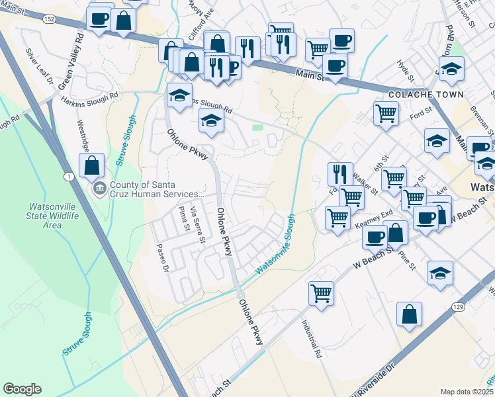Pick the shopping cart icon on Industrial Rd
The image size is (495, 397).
(322, 291)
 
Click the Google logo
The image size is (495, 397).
(22, 389)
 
